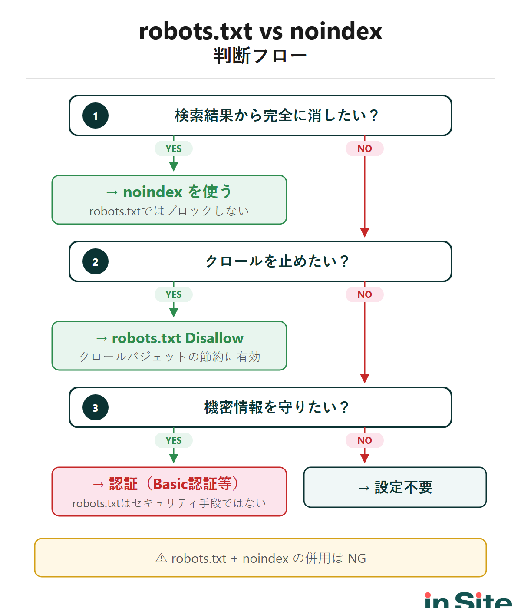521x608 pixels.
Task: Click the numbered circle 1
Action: (x=96, y=116)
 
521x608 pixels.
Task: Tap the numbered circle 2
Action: (x=96, y=262)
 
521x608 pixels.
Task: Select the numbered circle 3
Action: (x=96, y=408)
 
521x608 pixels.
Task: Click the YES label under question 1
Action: (x=174, y=149)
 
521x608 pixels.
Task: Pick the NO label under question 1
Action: (x=365, y=149)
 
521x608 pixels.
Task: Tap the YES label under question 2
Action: (x=174, y=294)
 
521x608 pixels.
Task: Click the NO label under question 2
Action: (x=365, y=294)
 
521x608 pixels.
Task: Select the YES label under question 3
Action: (x=174, y=440)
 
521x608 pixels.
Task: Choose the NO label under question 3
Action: (x=365, y=440)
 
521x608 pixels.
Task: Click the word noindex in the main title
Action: (x=336, y=31)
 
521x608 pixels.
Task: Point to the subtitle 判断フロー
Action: (x=260, y=56)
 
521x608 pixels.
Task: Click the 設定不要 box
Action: (x=395, y=487)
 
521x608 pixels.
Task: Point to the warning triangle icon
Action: (x=161, y=558)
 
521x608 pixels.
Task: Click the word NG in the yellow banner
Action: (x=357, y=558)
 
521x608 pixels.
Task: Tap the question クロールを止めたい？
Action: (x=277, y=261)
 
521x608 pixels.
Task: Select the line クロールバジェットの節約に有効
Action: (x=170, y=357)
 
